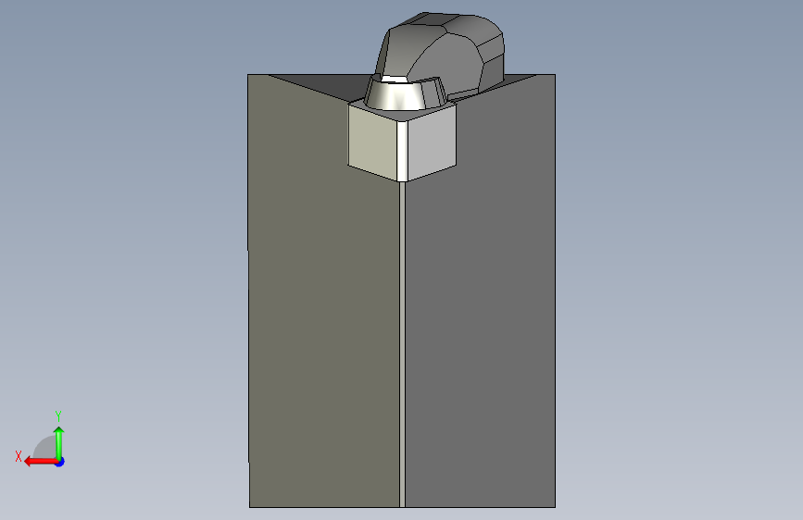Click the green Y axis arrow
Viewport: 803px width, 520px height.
click(59, 442)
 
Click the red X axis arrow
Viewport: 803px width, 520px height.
click(41, 462)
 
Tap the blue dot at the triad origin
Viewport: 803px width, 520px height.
click(60, 462)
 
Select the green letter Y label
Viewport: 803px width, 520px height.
click(58, 415)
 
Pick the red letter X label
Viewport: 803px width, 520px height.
click(19, 456)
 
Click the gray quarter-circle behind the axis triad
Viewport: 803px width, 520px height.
click(44, 447)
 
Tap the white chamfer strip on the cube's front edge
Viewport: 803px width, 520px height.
click(403, 152)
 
